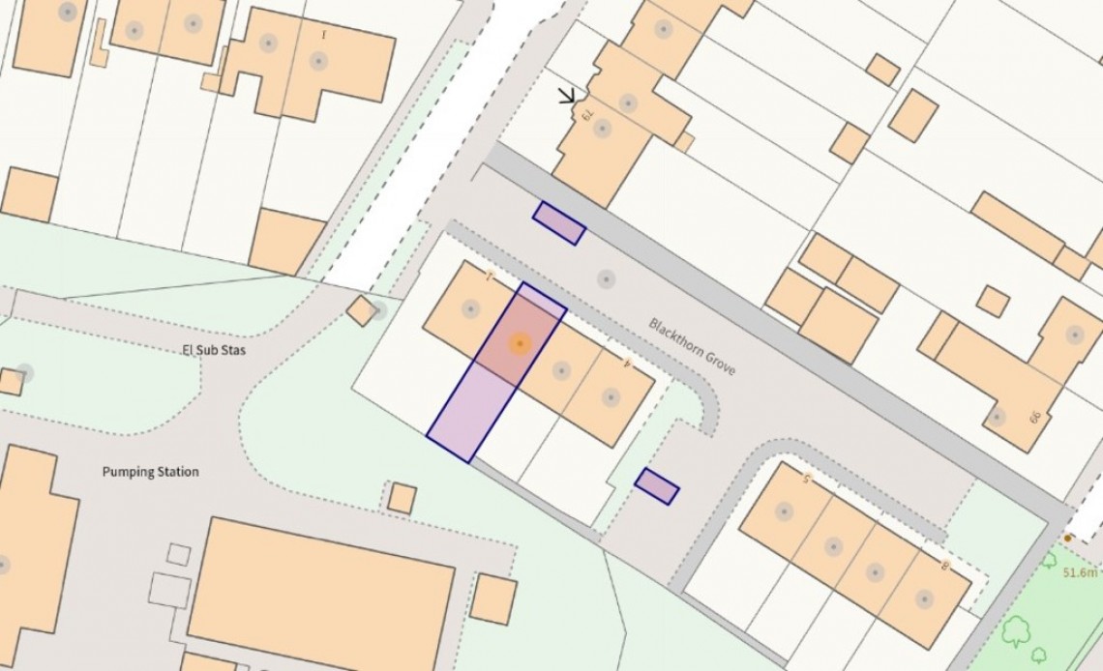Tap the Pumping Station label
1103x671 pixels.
(x=151, y=472)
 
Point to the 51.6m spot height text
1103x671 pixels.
(x=1082, y=572)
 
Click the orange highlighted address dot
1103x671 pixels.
(x=520, y=343)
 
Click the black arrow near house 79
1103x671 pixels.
(x=568, y=96)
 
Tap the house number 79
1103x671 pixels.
(x=586, y=114)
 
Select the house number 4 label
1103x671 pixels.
(x=627, y=363)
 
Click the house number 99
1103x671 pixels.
(x=1034, y=417)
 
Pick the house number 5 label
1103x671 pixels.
(x=805, y=477)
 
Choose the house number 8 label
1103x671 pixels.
(x=944, y=564)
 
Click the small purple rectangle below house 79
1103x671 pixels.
(x=559, y=223)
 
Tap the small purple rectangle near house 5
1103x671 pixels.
(x=657, y=485)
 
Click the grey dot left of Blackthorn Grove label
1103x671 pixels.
(x=606, y=279)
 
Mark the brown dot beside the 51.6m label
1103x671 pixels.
(x=1067, y=538)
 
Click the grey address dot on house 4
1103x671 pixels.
(x=611, y=395)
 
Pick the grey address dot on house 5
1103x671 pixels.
(x=785, y=511)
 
